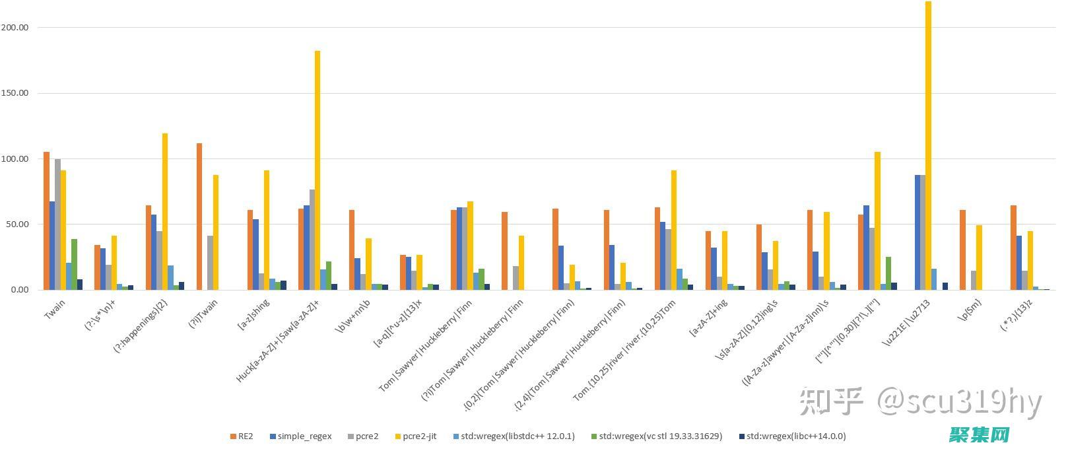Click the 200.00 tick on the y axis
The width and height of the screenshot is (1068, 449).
coord(15,28)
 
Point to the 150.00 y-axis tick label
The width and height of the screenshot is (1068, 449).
coord(15,93)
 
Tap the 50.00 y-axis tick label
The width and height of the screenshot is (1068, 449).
coord(17,224)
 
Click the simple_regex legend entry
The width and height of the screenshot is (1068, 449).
coord(300,436)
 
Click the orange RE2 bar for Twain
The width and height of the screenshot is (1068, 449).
coord(46,221)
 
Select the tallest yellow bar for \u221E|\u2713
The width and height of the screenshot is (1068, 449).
coord(928,145)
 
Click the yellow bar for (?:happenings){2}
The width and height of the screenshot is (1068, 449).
coord(165,211)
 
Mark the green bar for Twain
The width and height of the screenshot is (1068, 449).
coord(75,264)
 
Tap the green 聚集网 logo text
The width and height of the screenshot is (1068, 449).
coord(980,434)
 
